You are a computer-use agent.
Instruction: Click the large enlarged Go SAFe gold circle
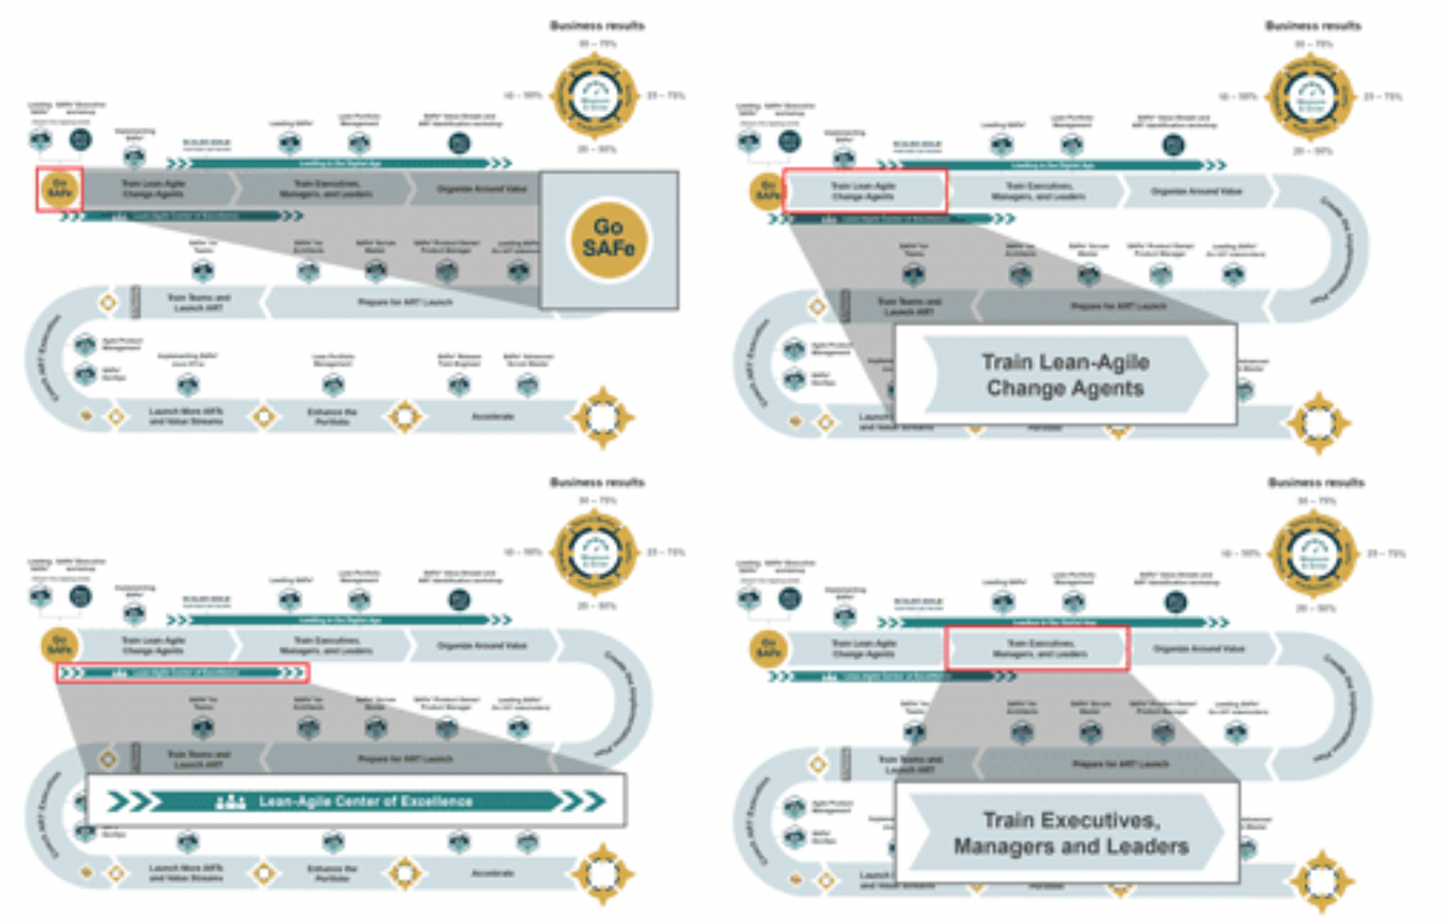[608, 238]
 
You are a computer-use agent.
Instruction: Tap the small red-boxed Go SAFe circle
[60, 190]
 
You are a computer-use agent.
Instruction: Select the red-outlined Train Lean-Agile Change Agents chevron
[864, 191]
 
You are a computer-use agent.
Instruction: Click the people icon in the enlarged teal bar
[230, 801]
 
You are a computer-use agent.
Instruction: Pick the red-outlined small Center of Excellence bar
[182, 673]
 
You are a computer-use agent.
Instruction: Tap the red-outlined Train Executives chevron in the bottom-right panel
[1038, 649]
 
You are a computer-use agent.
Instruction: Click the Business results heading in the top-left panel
[597, 25]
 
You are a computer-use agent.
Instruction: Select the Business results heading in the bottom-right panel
[1316, 482]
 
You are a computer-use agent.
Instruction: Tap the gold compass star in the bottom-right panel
[1319, 881]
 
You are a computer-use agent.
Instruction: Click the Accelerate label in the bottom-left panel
[493, 873]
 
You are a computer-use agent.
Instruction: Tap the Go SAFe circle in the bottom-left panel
[60, 646]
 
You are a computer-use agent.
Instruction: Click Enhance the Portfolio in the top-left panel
[331, 416]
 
